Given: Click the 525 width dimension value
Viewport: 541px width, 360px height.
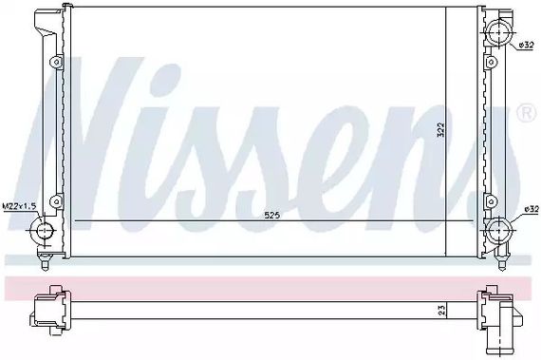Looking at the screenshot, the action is click(271, 216).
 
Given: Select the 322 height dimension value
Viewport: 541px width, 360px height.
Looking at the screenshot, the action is click(440, 130).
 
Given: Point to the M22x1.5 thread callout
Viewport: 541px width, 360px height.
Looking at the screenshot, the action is click(19, 206).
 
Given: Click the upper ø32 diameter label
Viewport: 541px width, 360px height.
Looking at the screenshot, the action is click(527, 45).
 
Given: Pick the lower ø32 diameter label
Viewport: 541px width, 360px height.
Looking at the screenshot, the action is click(532, 209).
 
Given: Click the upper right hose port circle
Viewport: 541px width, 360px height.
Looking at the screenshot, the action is click(498, 32).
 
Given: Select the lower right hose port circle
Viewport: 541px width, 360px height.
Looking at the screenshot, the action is click(498, 230).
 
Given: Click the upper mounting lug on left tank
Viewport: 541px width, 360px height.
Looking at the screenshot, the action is click(56, 62).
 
